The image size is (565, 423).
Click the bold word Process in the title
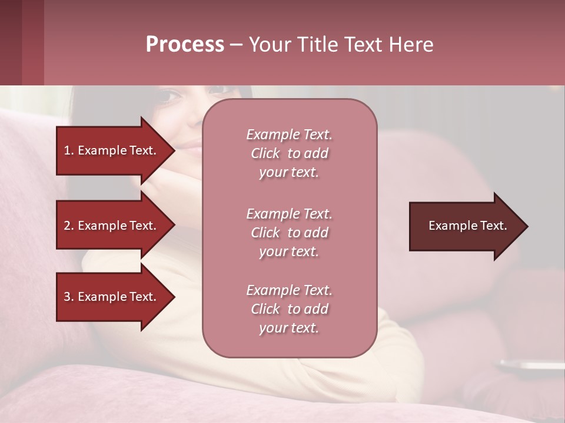(185, 45)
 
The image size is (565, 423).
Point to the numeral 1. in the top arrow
(69, 150)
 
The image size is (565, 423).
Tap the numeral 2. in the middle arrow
(69, 226)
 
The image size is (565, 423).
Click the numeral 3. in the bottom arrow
(69, 297)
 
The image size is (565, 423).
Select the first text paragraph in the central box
(289, 153)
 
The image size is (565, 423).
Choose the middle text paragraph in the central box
(289, 233)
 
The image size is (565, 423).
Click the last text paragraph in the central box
(289, 309)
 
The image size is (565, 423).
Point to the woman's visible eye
(169, 95)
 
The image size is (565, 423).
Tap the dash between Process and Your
(236, 45)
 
